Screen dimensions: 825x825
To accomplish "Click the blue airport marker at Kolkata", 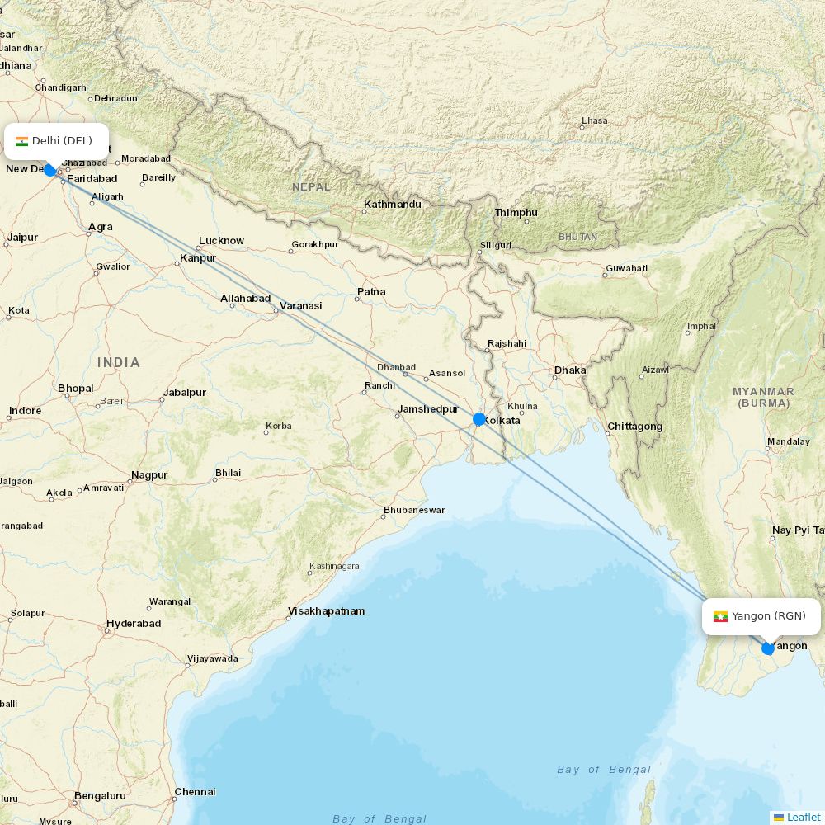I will click(479, 419).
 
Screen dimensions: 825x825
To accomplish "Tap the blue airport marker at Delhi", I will click(49, 170).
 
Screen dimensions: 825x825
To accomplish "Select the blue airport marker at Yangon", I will click(768, 648).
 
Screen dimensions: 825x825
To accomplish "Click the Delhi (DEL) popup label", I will click(57, 141).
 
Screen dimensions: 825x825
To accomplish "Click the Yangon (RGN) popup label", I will click(761, 616).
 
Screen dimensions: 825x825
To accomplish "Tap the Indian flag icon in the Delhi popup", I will click(21, 141).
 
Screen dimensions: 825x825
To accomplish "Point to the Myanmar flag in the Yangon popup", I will click(720, 616).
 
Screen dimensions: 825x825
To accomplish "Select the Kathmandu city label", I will click(393, 205).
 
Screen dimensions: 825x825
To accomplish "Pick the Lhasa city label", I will click(594, 120).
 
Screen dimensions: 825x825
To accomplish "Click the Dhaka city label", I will click(570, 370).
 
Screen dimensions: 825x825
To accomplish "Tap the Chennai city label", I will click(196, 792).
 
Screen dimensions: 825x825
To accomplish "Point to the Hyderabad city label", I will click(134, 624).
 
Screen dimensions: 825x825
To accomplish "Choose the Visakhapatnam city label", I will click(326, 611).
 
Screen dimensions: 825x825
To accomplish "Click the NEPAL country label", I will click(311, 187).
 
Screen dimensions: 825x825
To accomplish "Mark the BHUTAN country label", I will click(577, 237).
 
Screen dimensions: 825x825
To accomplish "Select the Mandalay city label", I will click(788, 441).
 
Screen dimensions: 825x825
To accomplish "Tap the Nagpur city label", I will click(149, 475).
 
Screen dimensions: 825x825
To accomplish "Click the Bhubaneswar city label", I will click(413, 510).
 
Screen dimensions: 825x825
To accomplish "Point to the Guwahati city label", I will click(626, 268).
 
